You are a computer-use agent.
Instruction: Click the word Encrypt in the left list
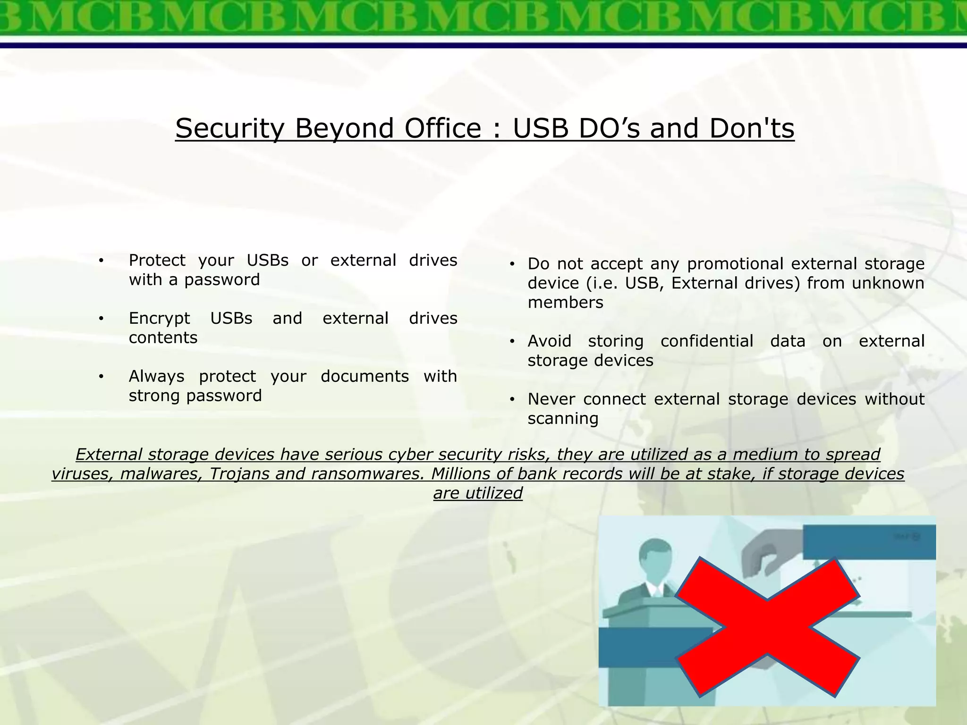tap(159, 319)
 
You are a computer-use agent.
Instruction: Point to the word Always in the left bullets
tap(156, 376)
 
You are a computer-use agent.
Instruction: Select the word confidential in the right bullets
tap(707, 341)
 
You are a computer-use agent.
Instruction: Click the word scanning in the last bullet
tap(563, 419)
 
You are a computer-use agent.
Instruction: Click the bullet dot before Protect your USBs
tap(101, 261)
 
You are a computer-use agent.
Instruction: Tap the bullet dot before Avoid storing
tap(512, 342)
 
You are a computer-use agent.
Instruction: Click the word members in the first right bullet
tap(565, 303)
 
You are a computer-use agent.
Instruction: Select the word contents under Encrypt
tap(163, 338)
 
